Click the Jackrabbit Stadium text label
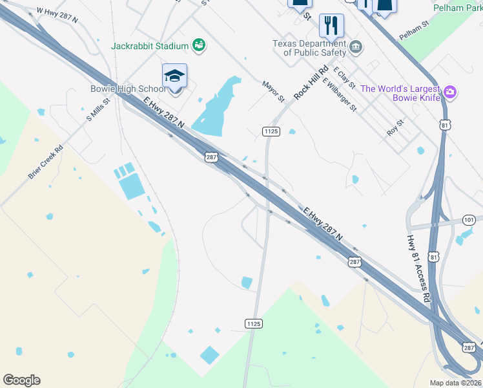pyautogui.click(x=150, y=46)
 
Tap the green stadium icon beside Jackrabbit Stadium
pyautogui.click(x=199, y=45)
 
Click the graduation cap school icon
pyautogui.click(x=174, y=76)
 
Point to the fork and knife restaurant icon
pyautogui.click(x=331, y=25)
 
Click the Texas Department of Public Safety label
pyautogui.click(x=309, y=48)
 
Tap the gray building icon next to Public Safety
pyautogui.click(x=356, y=47)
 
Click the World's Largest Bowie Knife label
pyautogui.click(x=400, y=93)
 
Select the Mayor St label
pyautogui.click(x=273, y=91)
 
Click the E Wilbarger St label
pyautogui.click(x=340, y=94)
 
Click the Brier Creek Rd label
pyautogui.click(x=45, y=162)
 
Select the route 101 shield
pyautogui.click(x=469, y=221)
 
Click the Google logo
pyautogui.click(x=21, y=380)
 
